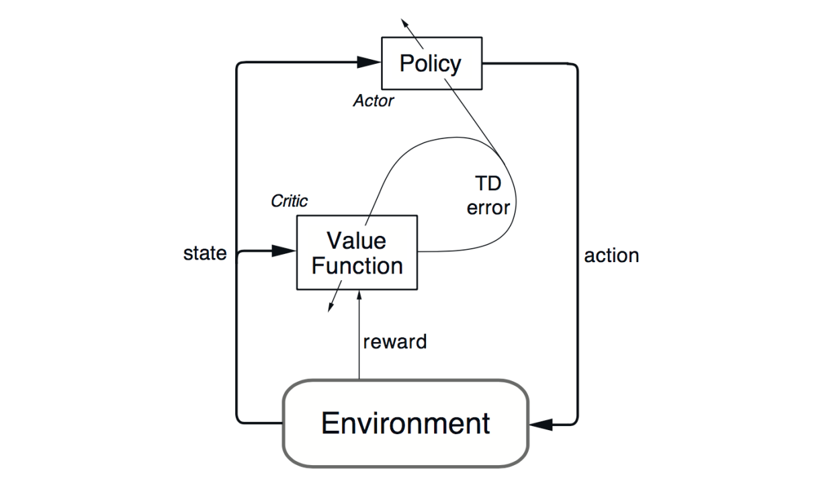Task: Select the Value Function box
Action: click(357, 252)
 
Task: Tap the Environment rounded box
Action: click(405, 423)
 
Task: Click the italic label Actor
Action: click(373, 101)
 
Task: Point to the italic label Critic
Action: click(289, 201)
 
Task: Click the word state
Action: click(205, 254)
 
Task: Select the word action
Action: click(611, 255)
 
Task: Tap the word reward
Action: click(394, 341)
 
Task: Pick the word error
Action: click(488, 208)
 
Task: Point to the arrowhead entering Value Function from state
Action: click(285, 251)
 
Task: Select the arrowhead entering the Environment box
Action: click(541, 424)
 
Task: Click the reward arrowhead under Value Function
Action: click(360, 296)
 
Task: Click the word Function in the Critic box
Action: click(357, 265)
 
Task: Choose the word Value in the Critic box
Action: click(356, 240)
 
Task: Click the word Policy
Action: click(431, 63)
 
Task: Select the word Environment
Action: click(405, 423)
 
